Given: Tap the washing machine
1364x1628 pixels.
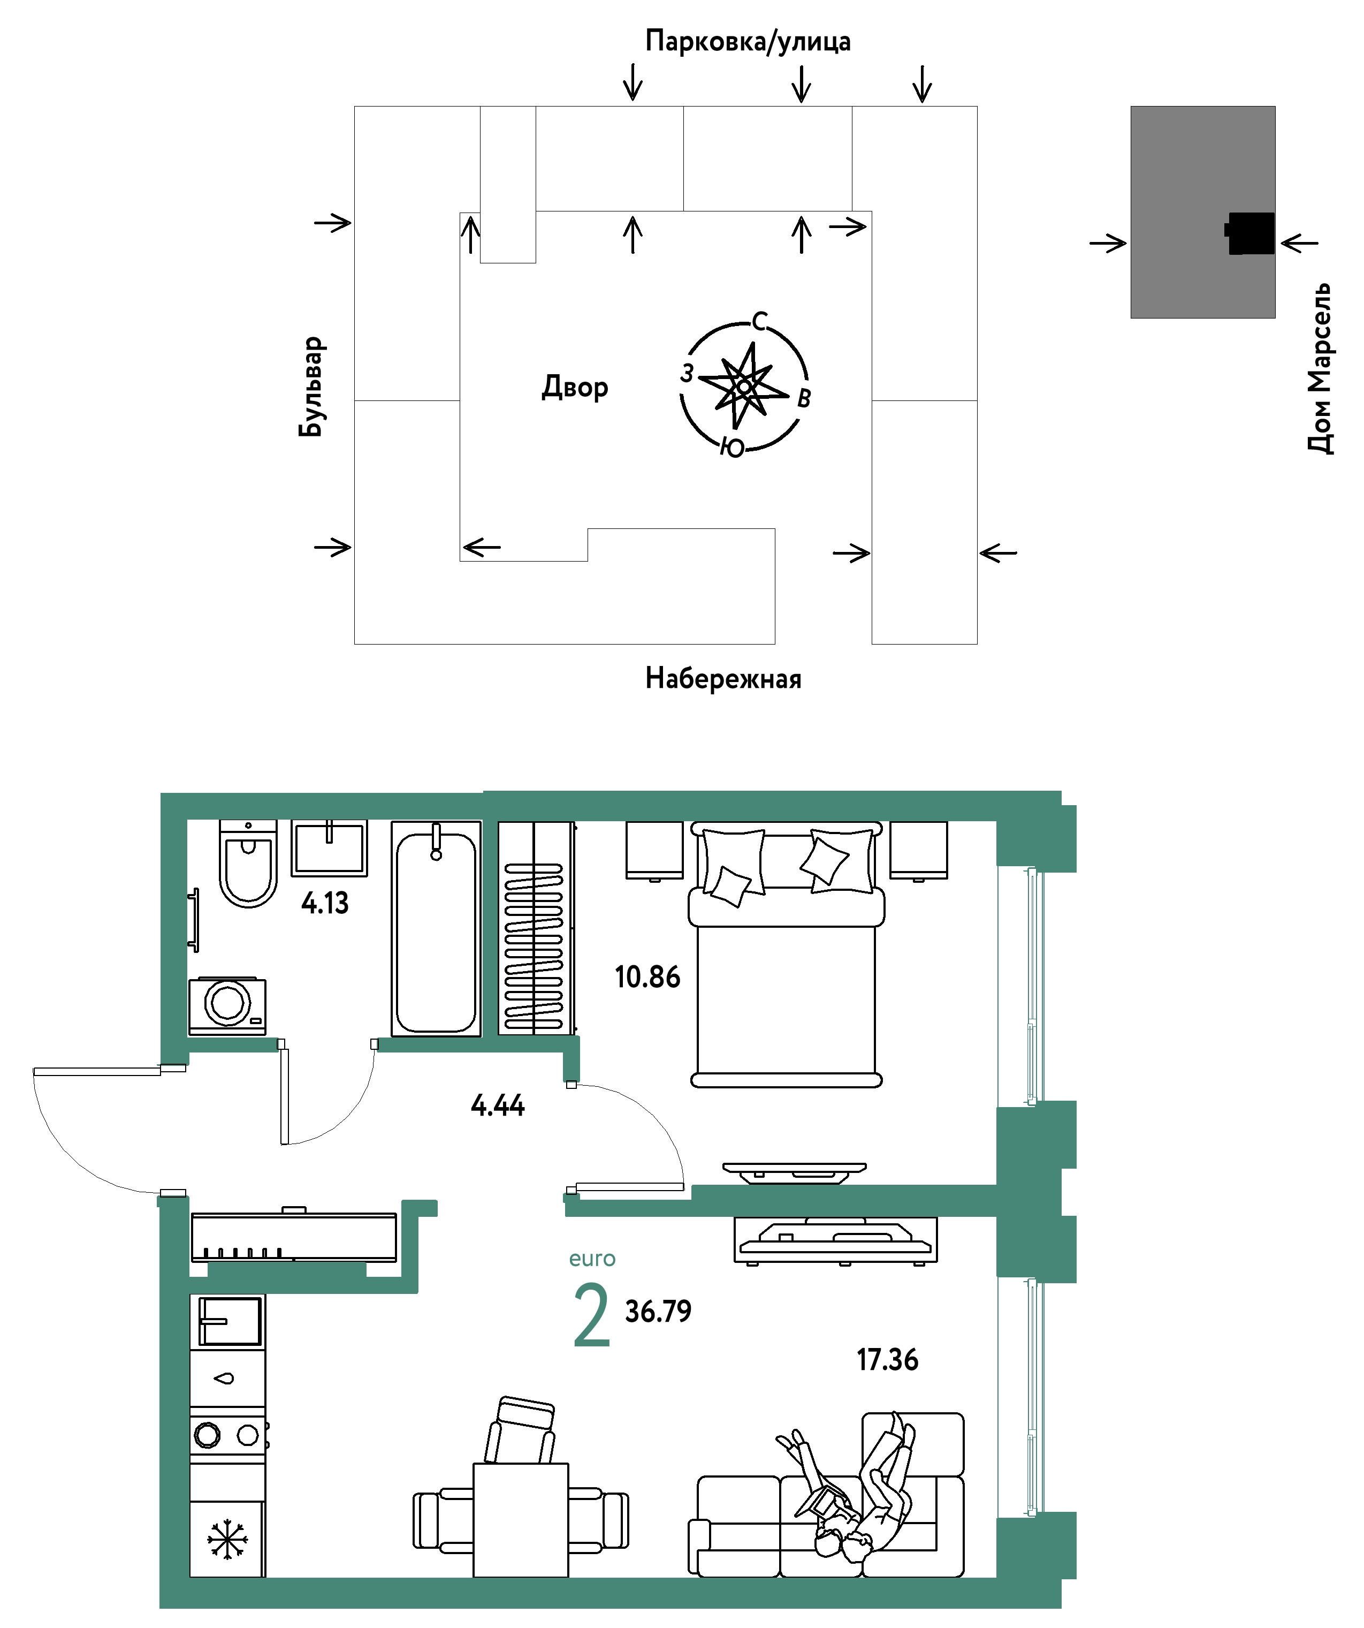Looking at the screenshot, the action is tap(227, 1005).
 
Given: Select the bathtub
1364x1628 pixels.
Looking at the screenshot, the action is tap(436, 929).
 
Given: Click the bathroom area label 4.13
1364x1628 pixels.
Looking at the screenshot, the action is tap(325, 903).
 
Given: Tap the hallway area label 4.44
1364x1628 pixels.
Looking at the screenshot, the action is tap(498, 1105).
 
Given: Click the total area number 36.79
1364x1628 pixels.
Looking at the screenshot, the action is tap(658, 1312).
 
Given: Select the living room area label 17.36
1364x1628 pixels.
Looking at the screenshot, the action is tap(887, 1360).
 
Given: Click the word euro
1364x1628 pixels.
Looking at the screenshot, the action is tap(592, 1259).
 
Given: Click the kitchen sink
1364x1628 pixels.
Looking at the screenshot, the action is tap(230, 1321).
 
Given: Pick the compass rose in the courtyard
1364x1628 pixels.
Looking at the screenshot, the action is tap(744, 385).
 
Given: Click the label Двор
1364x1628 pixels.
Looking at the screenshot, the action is tap(575, 387).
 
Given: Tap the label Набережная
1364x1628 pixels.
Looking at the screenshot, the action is tap(723, 679).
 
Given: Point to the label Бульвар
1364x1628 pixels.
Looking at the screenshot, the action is tap(311, 387).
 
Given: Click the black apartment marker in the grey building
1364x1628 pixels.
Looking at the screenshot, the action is tap(1249, 233).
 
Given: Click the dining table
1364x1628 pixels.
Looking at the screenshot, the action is tap(521, 1520).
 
